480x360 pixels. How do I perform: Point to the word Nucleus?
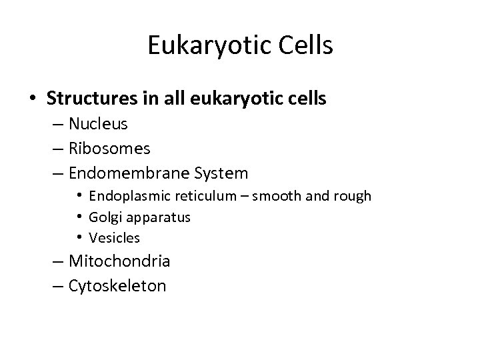pos(98,124)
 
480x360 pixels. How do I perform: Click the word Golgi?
pos(103,217)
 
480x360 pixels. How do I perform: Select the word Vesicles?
pos(114,237)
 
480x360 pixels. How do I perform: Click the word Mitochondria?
pos(119,261)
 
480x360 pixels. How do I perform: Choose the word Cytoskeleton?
pos(117,285)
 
